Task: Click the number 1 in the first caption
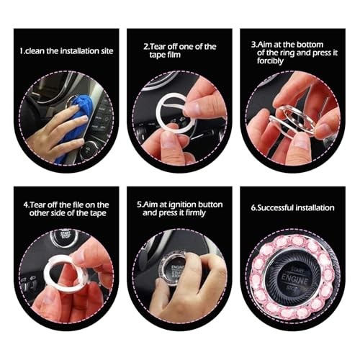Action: pyautogui.click(x=22, y=51)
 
